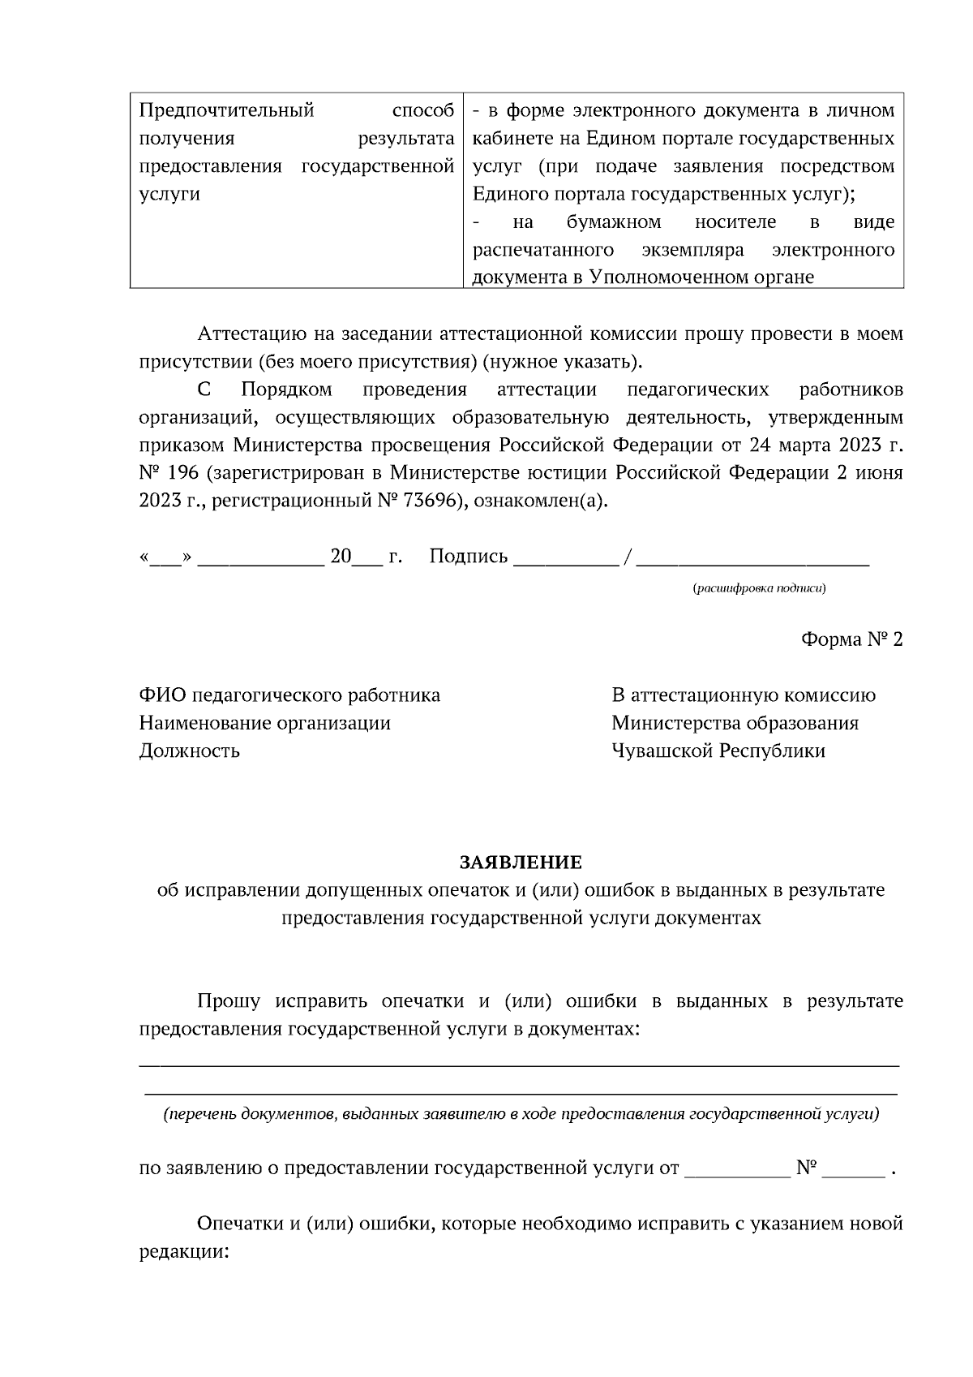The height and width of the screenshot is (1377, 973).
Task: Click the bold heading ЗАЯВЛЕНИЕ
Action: (x=521, y=862)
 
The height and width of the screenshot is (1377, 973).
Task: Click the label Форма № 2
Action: (x=851, y=639)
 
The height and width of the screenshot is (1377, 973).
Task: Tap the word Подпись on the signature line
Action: (x=468, y=557)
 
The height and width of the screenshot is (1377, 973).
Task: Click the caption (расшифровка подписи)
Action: (x=759, y=588)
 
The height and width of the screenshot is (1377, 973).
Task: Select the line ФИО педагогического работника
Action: (x=289, y=695)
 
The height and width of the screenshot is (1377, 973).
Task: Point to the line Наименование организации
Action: (x=264, y=723)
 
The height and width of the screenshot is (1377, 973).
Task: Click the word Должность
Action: (x=189, y=751)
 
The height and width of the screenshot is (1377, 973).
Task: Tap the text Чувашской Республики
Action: (x=718, y=751)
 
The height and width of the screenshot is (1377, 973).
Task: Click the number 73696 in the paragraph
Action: (x=430, y=501)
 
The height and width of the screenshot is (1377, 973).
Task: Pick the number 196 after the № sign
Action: (x=182, y=473)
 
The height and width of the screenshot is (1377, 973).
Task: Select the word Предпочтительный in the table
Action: (x=226, y=110)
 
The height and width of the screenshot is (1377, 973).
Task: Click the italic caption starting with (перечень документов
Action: (x=521, y=1114)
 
